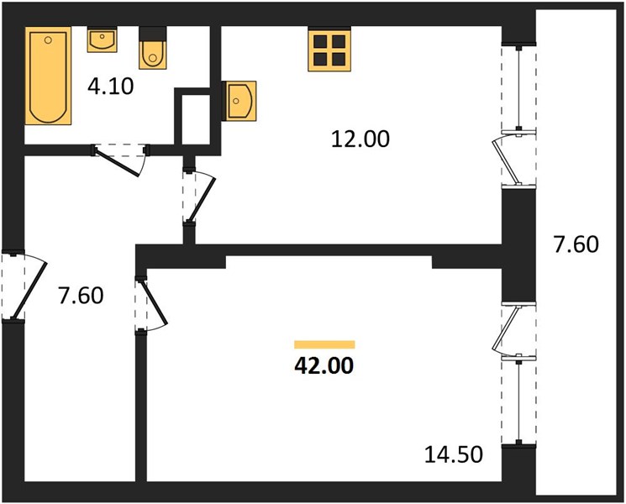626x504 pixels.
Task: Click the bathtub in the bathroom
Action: click(48, 76)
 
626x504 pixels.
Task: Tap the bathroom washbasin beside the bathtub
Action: click(103, 39)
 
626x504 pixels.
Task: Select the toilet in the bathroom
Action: click(152, 48)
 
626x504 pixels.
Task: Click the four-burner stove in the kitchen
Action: click(329, 49)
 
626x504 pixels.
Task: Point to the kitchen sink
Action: click(239, 101)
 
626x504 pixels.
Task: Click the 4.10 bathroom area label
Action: click(111, 87)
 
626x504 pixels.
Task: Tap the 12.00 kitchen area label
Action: click(360, 139)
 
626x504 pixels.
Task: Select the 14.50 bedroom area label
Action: click(454, 454)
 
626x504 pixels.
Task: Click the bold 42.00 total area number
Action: click(324, 365)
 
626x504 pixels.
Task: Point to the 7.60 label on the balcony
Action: click(576, 244)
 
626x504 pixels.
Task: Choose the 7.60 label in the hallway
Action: click(81, 296)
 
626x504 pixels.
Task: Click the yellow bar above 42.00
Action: click(324, 344)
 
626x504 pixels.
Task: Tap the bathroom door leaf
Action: click(117, 163)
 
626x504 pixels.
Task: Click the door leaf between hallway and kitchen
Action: click(202, 200)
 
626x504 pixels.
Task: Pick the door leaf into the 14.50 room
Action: click(153, 302)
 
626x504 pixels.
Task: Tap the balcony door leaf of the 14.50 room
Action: click(506, 330)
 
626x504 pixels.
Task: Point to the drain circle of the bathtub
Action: click(48, 40)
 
